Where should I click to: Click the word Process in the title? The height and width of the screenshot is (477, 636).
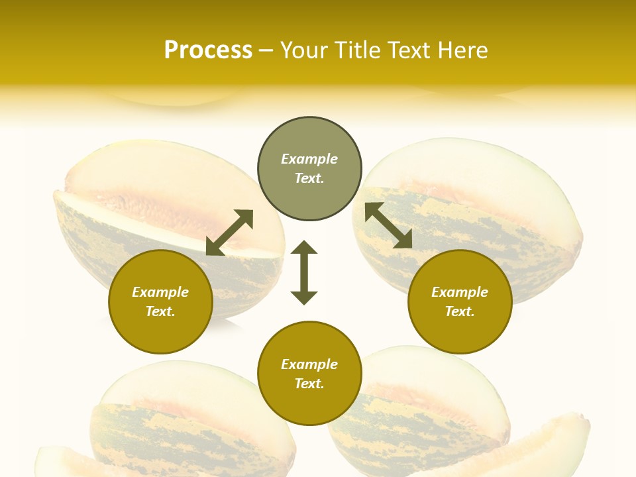208,50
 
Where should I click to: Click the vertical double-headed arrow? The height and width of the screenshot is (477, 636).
304,272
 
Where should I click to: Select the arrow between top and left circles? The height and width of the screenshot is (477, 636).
229,233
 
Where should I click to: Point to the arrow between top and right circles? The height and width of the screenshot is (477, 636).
388,225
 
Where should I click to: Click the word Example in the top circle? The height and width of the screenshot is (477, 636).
309,159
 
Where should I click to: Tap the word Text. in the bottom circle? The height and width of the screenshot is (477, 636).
309,384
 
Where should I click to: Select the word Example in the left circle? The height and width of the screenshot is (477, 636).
160,292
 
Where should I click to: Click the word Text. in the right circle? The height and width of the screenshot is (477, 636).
460,311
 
